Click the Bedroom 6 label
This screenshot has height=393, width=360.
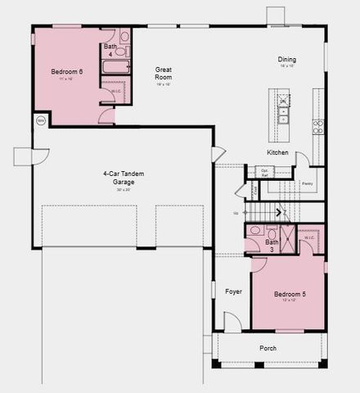[68, 72]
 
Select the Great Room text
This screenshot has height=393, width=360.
[164, 75]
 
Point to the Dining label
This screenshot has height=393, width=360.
[286, 59]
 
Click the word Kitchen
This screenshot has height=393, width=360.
[277, 153]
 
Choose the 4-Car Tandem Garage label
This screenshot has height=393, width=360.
[119, 178]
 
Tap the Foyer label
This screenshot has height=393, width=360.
[234, 291]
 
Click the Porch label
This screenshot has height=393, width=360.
[268, 348]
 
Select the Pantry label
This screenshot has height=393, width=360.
[307, 183]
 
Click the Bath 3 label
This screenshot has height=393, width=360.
[272, 246]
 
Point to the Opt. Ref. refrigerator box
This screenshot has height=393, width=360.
[265, 172]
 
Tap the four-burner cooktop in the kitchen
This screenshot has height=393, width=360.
[317, 126]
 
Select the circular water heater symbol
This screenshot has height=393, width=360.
[41, 120]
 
